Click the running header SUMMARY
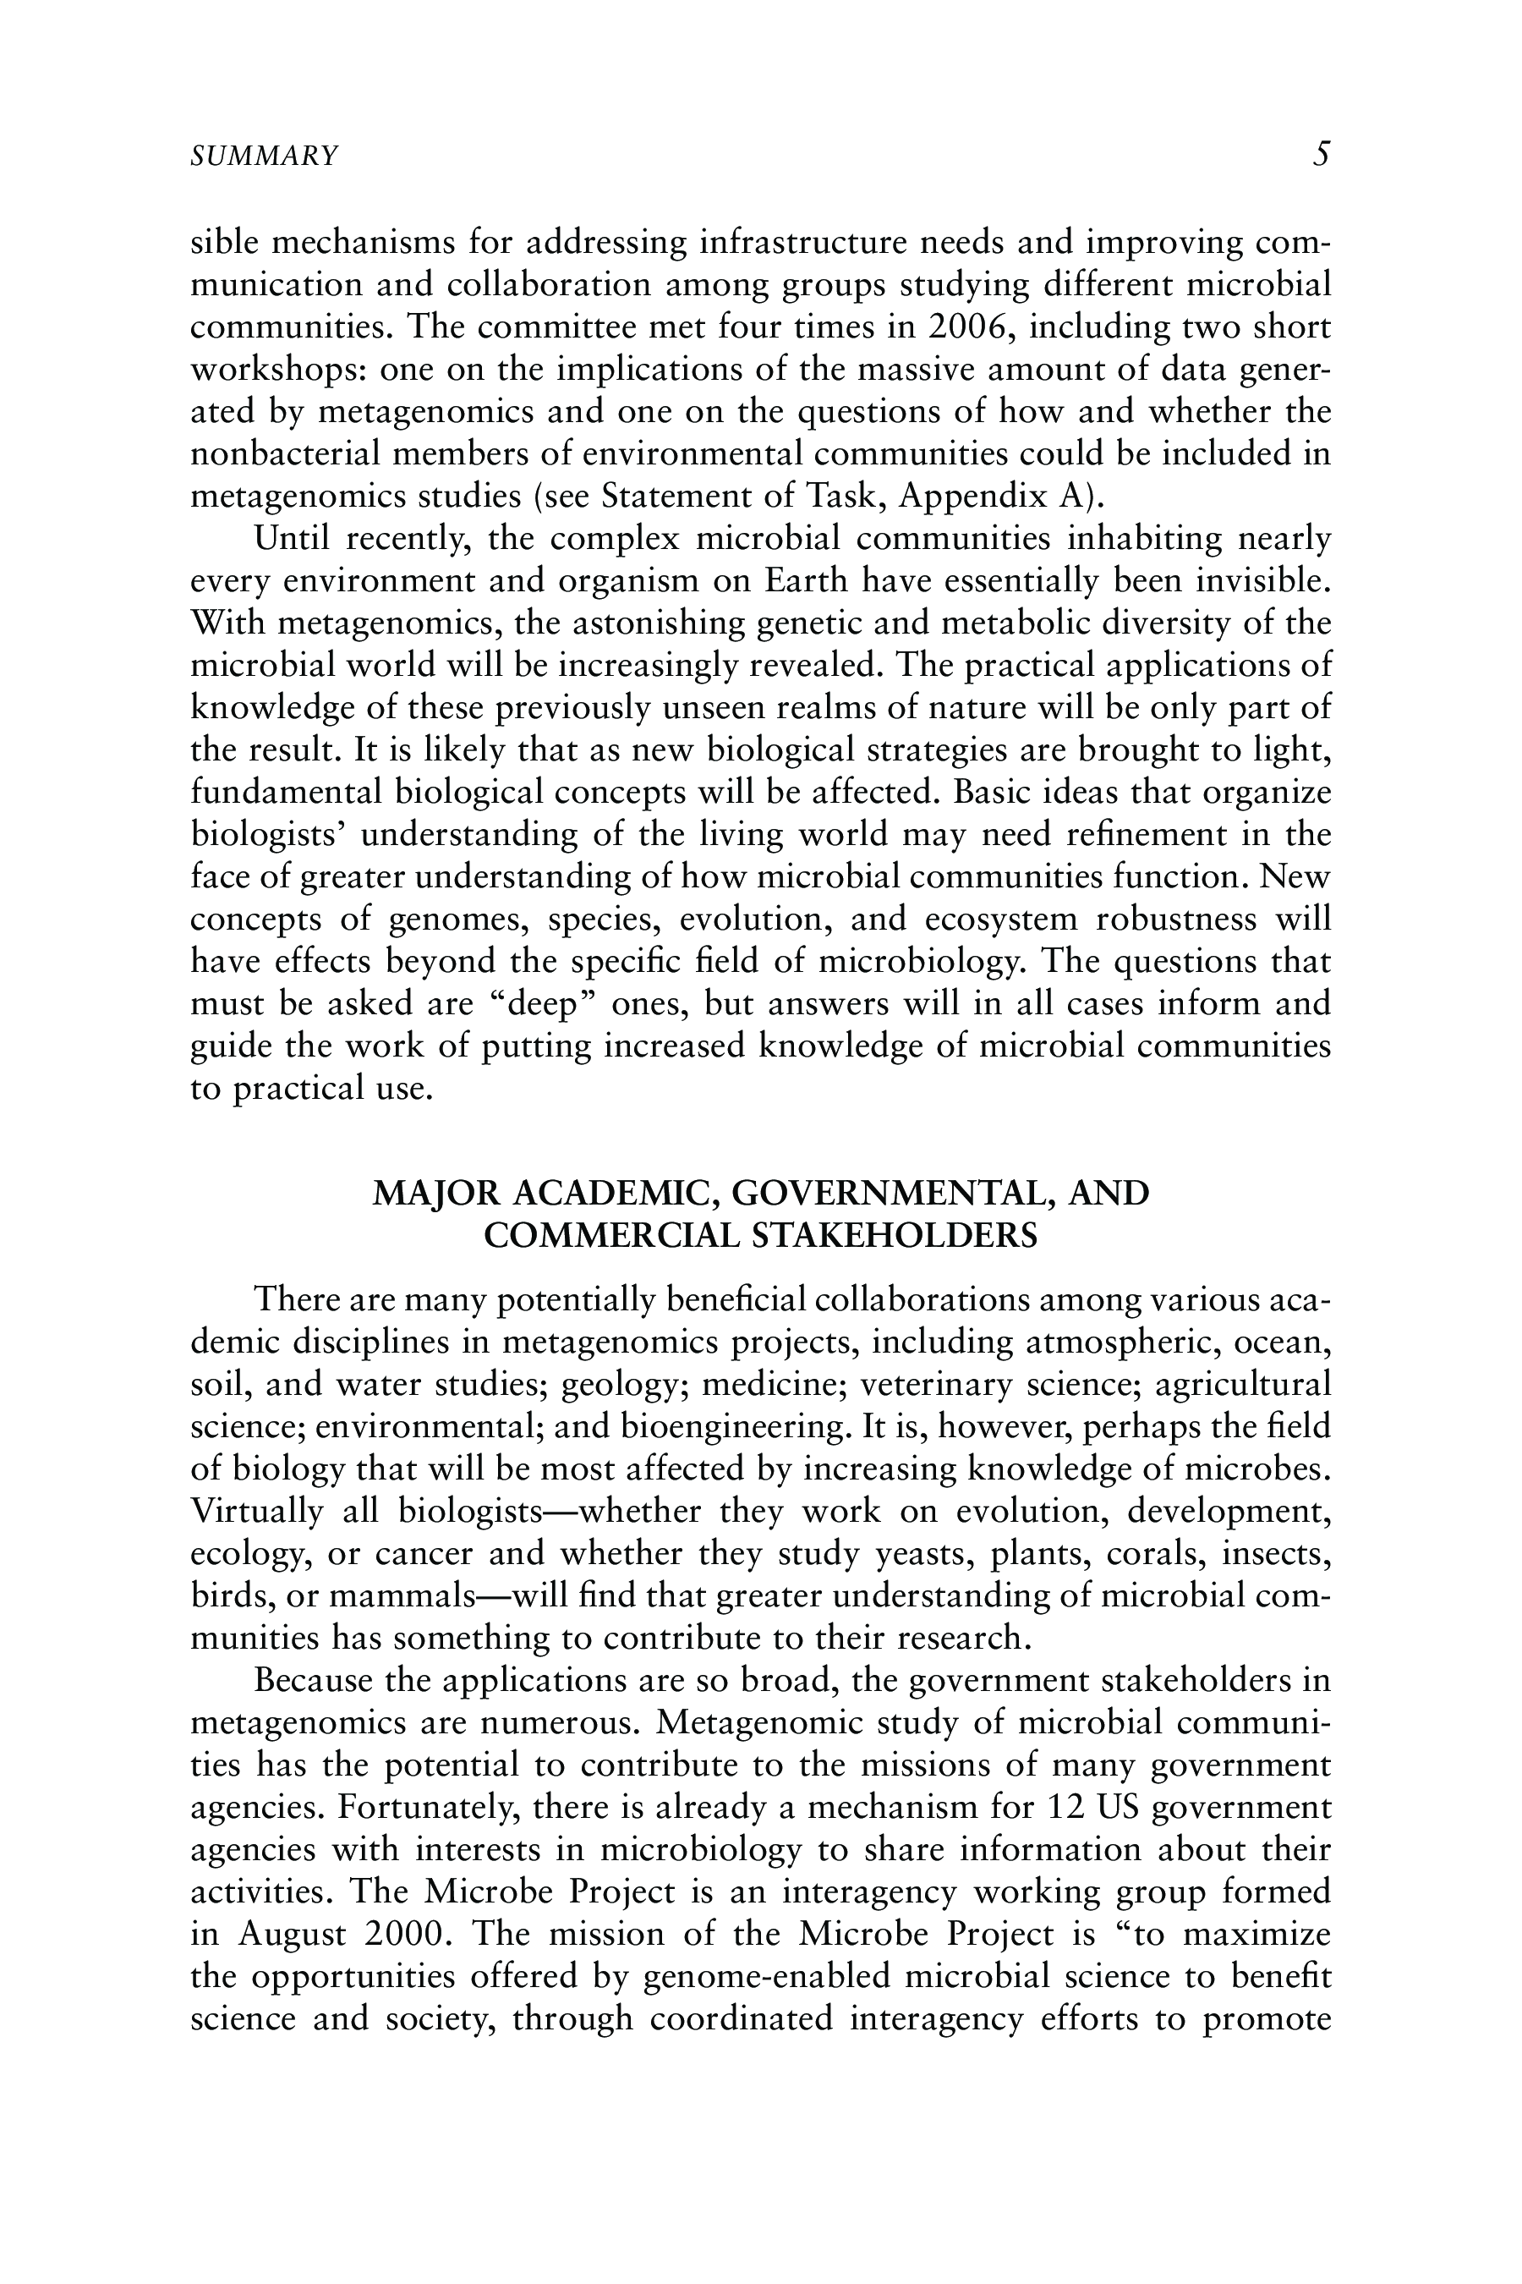coord(264,156)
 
